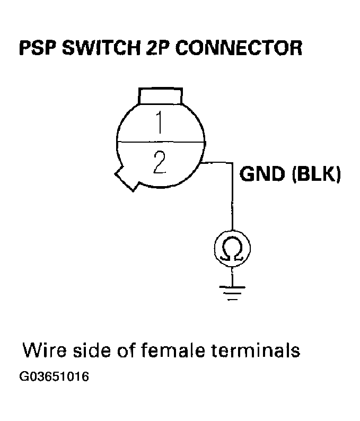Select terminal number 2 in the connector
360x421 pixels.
(x=159, y=162)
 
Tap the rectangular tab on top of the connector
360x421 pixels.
(x=161, y=97)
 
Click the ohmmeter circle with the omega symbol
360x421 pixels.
(x=231, y=248)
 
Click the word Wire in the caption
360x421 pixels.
(x=43, y=350)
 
